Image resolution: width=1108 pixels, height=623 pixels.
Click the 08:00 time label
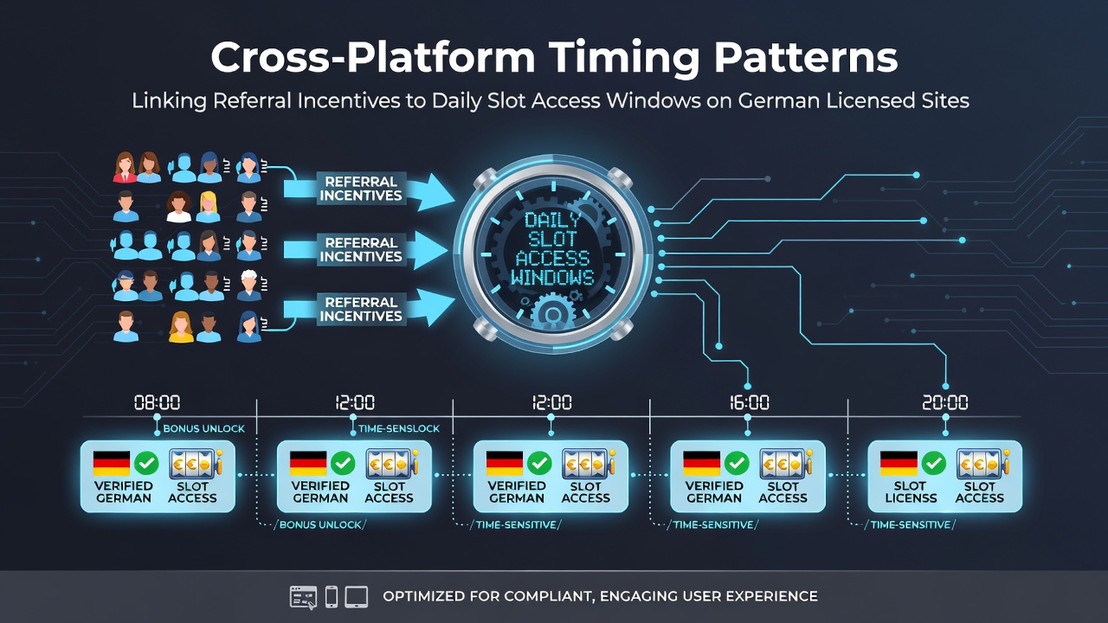(x=158, y=402)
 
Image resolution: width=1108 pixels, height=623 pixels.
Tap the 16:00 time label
(x=750, y=402)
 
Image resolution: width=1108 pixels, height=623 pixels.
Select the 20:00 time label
(x=945, y=402)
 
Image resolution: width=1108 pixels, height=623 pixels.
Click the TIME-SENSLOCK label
(x=399, y=428)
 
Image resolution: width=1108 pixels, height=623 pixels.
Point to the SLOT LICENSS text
(x=911, y=492)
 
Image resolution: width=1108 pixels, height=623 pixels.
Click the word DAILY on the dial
(x=552, y=220)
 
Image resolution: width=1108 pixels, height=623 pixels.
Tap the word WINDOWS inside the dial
(x=552, y=278)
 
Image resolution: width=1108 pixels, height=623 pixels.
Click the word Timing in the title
(x=624, y=57)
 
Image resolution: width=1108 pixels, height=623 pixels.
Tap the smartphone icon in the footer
(x=332, y=597)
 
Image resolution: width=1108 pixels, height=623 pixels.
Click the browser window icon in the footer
(x=303, y=597)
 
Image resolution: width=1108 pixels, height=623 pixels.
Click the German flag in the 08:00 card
(x=112, y=463)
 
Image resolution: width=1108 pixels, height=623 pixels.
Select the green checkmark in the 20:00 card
(x=933, y=463)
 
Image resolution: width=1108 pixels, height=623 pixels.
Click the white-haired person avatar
(x=248, y=286)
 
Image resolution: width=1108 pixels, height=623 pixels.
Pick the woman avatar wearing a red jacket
(x=125, y=168)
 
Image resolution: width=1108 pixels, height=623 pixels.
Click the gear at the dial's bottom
(x=552, y=312)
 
